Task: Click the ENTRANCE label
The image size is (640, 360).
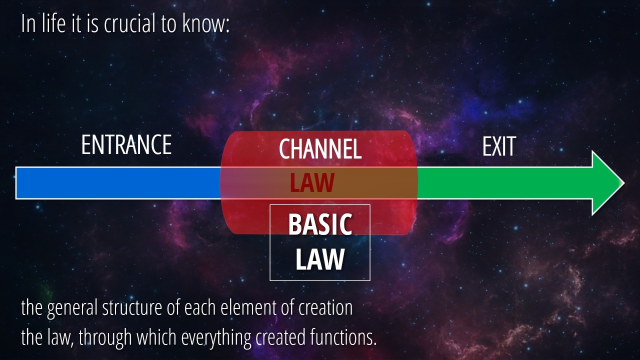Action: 126,145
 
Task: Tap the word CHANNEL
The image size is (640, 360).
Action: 320,148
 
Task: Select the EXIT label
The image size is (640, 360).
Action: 499,146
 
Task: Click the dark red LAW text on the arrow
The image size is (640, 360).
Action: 312,182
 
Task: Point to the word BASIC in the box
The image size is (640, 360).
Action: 320,224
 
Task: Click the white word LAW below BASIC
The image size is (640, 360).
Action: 320,259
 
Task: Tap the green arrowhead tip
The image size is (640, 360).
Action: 624,183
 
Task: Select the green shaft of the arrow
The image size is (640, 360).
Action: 504,183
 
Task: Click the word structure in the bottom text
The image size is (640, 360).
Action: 132,307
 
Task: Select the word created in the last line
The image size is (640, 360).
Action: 280,337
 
